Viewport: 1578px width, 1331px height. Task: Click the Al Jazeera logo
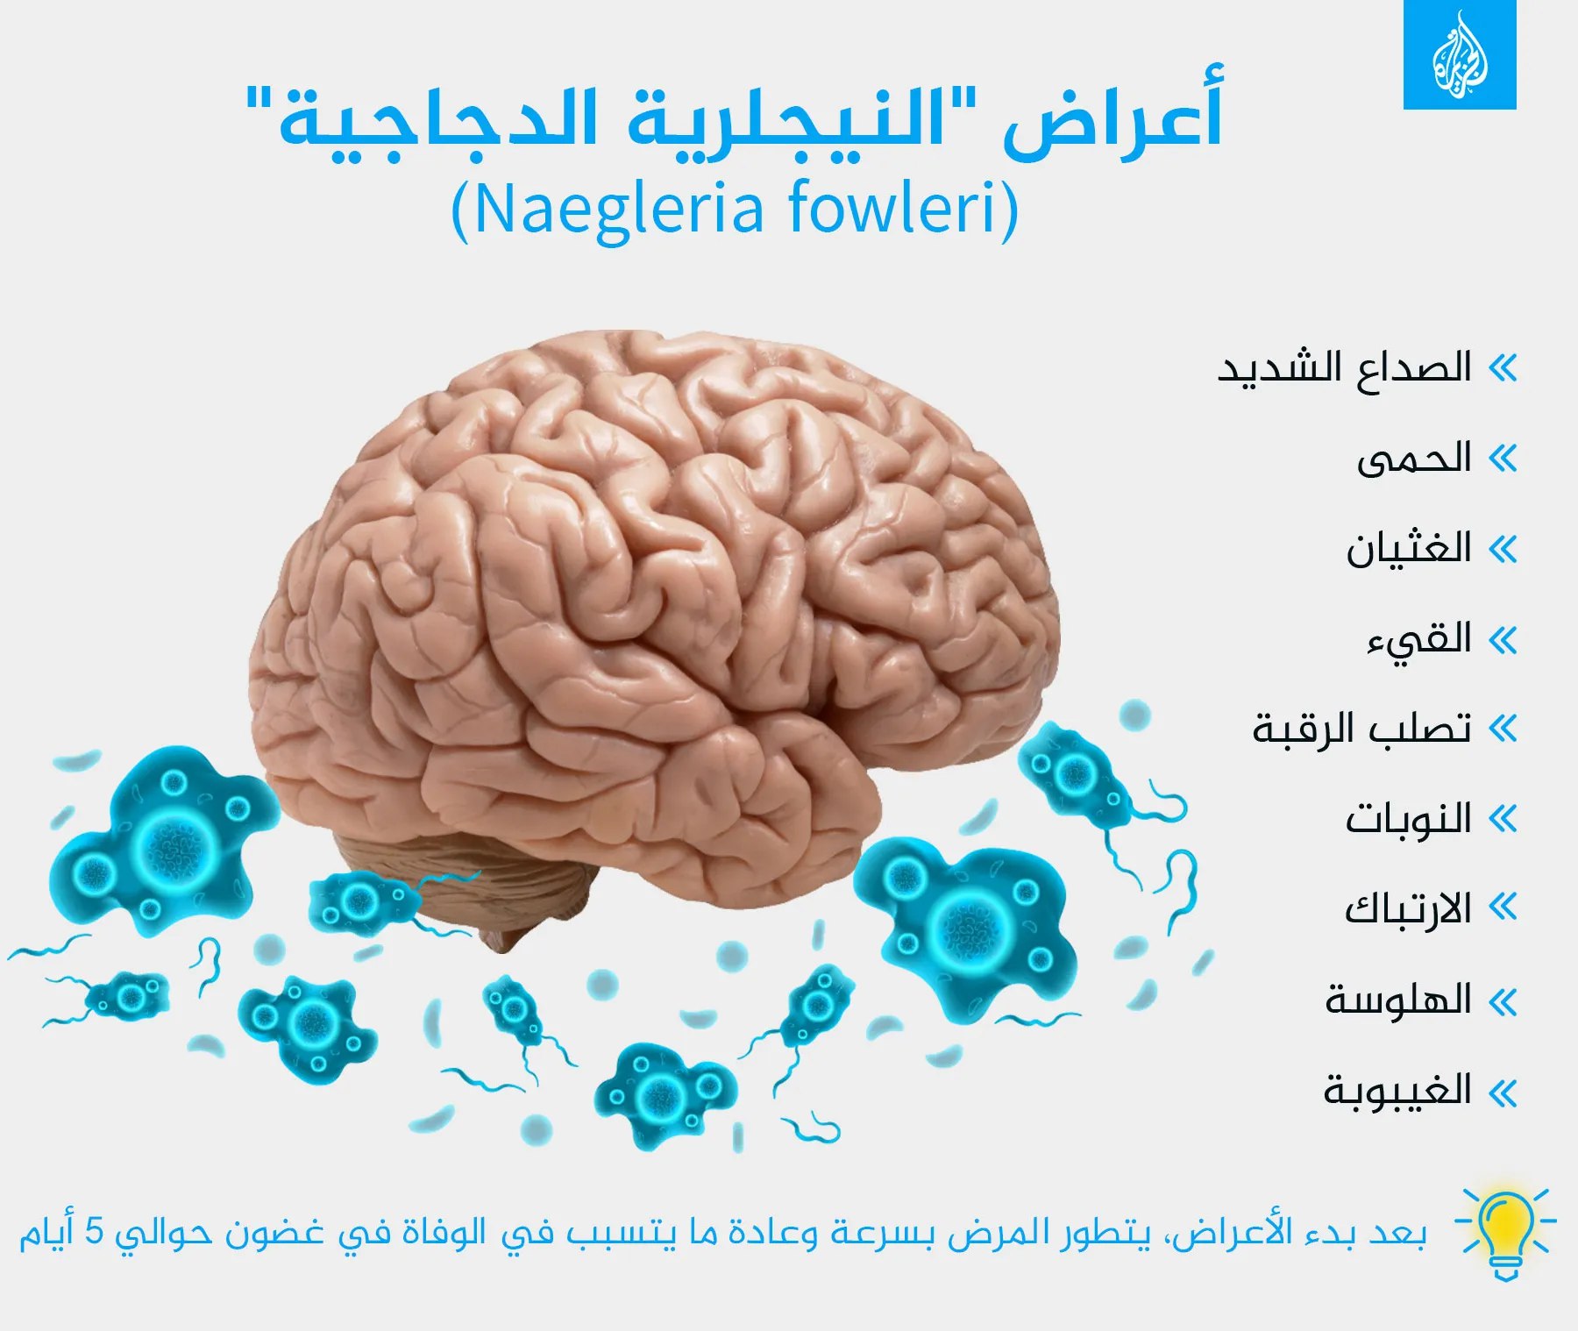click(1460, 54)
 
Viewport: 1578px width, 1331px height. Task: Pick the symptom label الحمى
click(1414, 459)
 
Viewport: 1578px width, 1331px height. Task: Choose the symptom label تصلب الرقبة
click(1361, 729)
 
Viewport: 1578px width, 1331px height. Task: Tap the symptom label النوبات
click(1409, 819)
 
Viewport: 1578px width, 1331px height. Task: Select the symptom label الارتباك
click(1408, 909)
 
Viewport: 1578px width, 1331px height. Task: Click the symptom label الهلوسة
click(1398, 1000)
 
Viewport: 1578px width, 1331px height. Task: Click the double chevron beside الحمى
click(1503, 459)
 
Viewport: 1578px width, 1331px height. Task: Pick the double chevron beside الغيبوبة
click(1503, 1093)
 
